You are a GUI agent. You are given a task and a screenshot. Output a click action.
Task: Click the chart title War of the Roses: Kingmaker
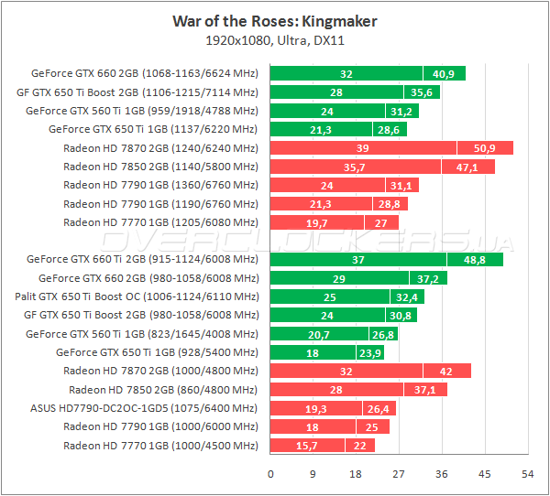(x=274, y=20)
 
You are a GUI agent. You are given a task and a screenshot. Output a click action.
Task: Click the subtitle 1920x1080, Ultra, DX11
(x=274, y=40)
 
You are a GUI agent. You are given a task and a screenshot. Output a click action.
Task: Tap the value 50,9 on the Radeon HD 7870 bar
(x=484, y=148)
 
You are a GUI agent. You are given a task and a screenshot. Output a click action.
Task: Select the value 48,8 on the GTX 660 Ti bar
(x=474, y=260)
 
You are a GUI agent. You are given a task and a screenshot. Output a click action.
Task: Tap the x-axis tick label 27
(x=398, y=473)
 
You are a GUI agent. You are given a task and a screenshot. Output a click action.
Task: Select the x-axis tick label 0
(x=270, y=473)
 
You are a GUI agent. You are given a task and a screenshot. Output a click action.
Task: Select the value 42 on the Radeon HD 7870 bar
(x=446, y=372)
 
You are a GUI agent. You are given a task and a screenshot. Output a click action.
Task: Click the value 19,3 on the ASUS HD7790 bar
(x=316, y=408)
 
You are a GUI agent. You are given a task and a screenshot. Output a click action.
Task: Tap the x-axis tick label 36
(x=441, y=473)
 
